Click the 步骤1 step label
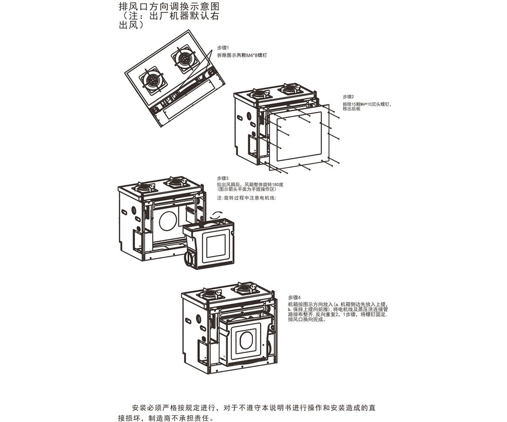tap(223, 48)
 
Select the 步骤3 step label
tap(222, 179)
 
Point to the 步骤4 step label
tap(294, 298)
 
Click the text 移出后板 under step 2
tap(352, 109)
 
